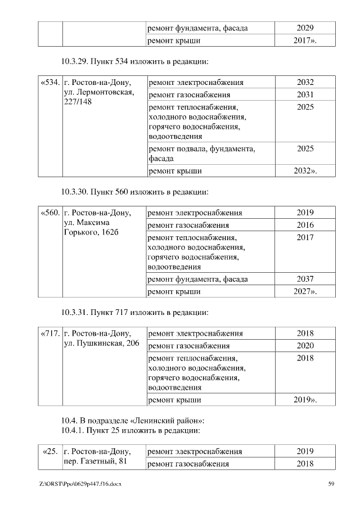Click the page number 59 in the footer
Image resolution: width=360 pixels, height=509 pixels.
331,484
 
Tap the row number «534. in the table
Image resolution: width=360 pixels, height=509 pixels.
50,83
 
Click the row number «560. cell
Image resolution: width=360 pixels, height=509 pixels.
50,213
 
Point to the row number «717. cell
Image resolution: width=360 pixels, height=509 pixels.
50,334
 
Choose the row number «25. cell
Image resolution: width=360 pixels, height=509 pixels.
51,452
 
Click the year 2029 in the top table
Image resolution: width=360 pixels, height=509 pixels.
305,28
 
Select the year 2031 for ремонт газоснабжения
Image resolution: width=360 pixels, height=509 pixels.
305,95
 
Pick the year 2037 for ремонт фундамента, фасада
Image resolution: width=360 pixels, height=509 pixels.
305,279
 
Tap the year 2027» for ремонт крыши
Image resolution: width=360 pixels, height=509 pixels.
305,291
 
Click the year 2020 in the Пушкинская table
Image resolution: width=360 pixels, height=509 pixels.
305,345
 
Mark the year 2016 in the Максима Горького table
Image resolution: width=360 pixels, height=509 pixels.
305,226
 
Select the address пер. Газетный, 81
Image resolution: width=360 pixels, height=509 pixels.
95,462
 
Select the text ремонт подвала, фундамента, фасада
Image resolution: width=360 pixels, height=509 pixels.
201,154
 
